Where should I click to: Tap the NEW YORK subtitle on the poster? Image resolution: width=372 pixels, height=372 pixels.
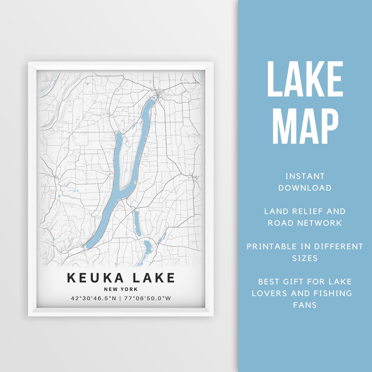tap(121, 289)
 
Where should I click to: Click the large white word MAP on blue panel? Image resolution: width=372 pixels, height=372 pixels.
tap(305, 126)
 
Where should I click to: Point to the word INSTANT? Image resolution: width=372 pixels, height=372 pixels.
tap(305, 176)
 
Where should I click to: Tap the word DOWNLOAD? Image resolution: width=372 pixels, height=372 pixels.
tap(305, 188)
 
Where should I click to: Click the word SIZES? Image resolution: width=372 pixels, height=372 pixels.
tap(305, 258)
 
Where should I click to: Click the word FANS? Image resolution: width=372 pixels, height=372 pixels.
tap(305, 305)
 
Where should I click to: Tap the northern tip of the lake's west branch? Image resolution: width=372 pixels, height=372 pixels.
tap(118, 134)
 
